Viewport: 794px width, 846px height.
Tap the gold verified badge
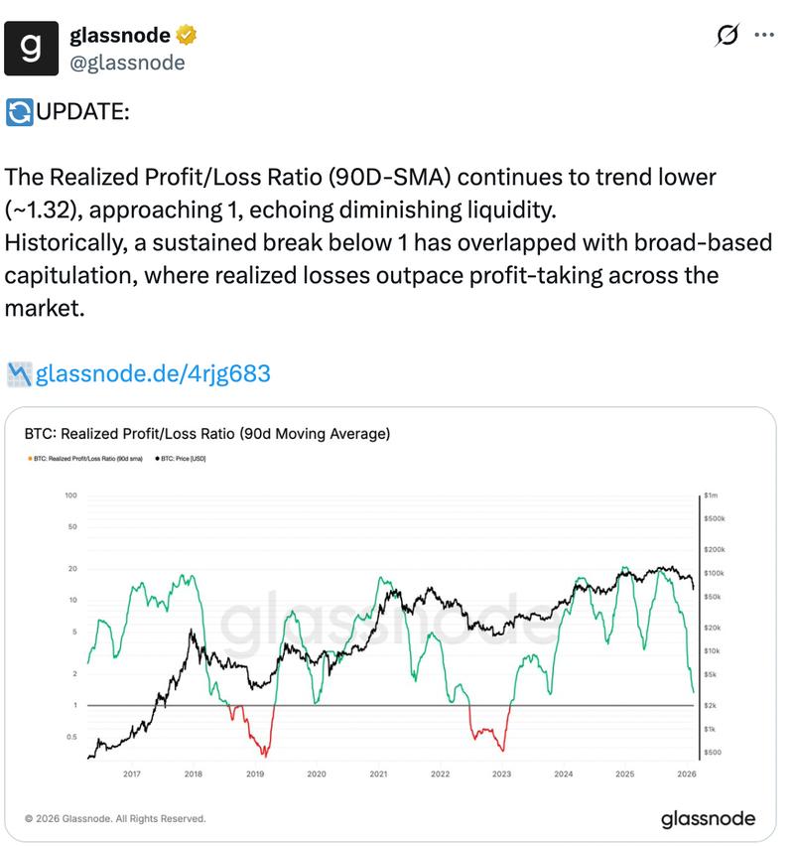[x=187, y=37]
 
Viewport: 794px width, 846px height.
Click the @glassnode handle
[x=127, y=63]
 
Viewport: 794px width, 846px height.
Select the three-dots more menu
[x=764, y=35]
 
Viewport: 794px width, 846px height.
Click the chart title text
[x=206, y=434]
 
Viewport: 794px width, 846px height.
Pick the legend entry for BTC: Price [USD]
[x=182, y=459]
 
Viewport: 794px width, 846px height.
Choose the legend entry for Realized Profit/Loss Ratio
[x=87, y=459]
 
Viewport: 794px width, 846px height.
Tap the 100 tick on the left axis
[x=70, y=494]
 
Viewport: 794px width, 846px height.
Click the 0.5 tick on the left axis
[x=70, y=737]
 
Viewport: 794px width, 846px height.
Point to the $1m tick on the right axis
[x=711, y=494]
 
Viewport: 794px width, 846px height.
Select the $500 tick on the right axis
[x=712, y=753]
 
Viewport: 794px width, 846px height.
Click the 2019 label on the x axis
[x=255, y=774]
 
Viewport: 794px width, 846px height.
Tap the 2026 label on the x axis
[x=686, y=774]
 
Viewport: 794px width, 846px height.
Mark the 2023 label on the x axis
[x=501, y=774]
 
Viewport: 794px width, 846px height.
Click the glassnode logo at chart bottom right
[x=708, y=819]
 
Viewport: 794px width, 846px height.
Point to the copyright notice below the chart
[x=114, y=819]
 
